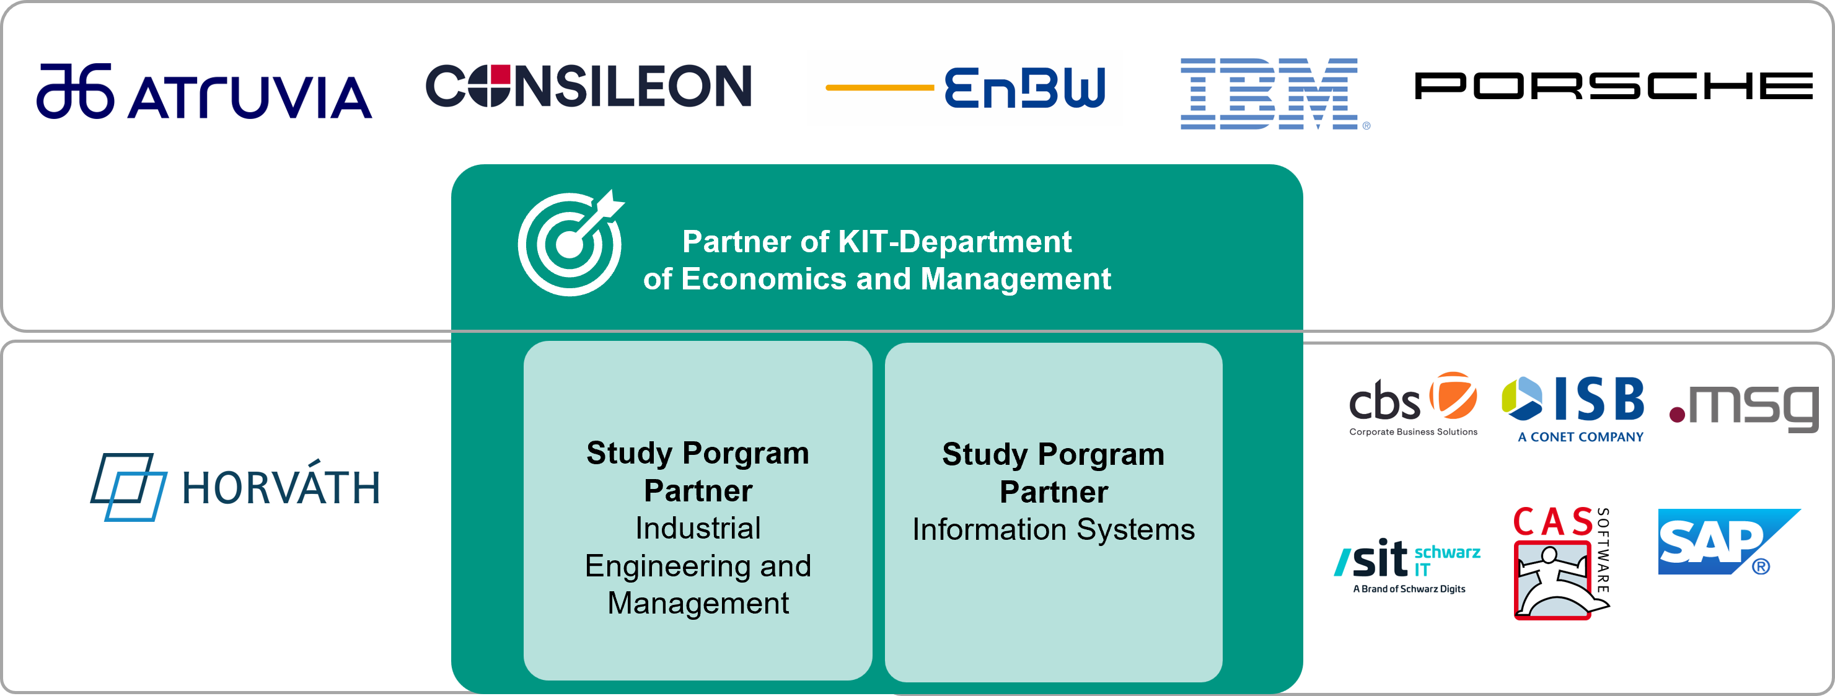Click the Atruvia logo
click(205, 91)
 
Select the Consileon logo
click(588, 86)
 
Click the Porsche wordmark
click(1614, 86)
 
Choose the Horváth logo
click(235, 487)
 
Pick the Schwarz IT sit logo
click(1407, 566)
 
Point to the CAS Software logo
click(1562, 563)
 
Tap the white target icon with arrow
click(571, 243)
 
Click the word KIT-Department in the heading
click(954, 242)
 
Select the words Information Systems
click(1054, 529)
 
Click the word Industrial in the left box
click(698, 528)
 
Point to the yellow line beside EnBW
click(880, 87)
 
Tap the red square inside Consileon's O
click(501, 75)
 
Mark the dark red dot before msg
click(1677, 415)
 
